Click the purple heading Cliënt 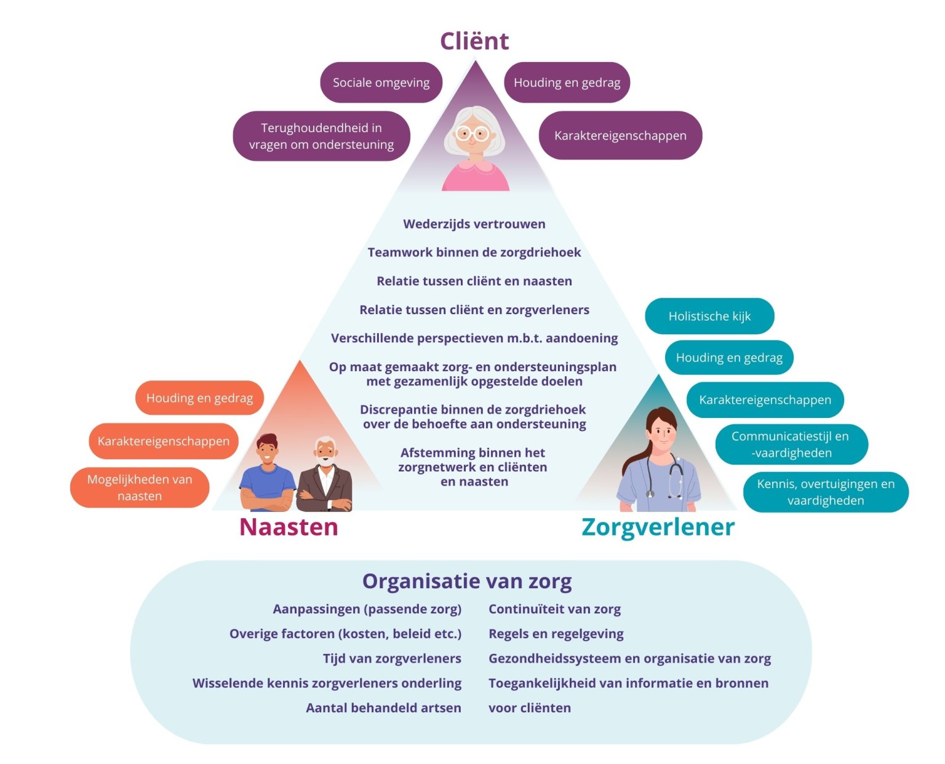point(474,41)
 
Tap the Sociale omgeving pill point(381,82)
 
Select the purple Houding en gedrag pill point(567,82)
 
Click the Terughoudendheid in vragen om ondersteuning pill point(321,136)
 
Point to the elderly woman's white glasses point(472,133)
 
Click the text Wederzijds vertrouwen point(474,224)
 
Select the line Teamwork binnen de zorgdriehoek point(474,253)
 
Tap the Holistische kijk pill point(709,317)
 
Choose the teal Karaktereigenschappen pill point(765,400)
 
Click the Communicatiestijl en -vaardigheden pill point(791,444)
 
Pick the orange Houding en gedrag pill point(199,398)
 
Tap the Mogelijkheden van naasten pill point(140,487)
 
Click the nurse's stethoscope point(674,476)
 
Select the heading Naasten point(289,527)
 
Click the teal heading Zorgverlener point(658,527)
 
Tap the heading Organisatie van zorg point(467,581)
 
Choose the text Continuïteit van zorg point(554,609)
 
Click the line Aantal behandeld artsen point(383,708)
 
